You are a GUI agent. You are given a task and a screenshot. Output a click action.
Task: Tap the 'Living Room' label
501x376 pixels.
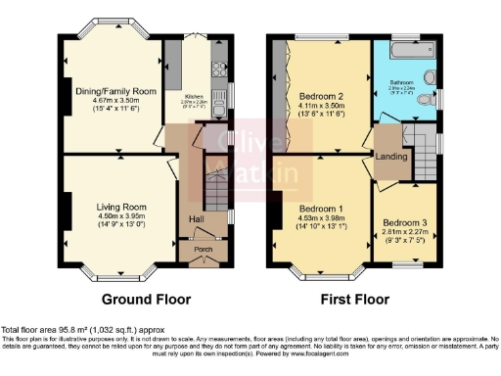[x=121, y=207]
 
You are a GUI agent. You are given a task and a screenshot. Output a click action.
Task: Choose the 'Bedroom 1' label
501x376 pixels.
[x=321, y=210]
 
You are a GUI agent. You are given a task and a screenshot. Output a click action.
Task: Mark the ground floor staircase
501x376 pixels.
[x=211, y=190]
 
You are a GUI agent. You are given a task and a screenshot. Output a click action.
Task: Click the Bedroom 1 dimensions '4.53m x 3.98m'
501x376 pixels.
[x=321, y=219]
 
